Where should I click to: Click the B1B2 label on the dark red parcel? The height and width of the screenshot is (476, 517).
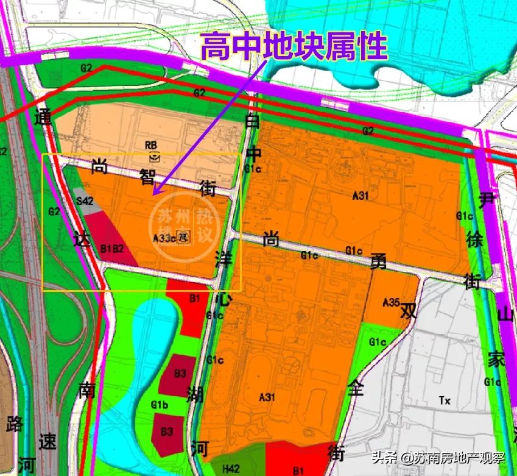point(112,248)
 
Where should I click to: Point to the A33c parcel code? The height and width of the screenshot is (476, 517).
point(164,238)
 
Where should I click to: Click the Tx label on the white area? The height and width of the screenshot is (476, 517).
point(445,400)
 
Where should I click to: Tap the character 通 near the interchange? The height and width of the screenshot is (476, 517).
point(44,116)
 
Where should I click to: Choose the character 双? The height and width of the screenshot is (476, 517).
point(407,311)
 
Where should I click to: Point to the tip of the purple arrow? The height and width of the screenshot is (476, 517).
point(153,194)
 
